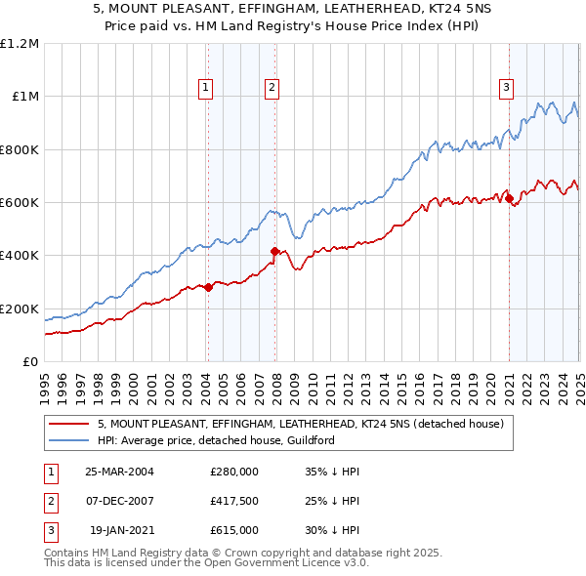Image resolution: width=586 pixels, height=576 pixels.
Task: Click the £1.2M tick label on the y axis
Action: click(20, 43)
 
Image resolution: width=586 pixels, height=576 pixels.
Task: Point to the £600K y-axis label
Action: click(20, 202)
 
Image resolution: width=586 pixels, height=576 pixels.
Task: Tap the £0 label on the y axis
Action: click(31, 361)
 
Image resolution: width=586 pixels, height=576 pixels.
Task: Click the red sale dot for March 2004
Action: click(209, 287)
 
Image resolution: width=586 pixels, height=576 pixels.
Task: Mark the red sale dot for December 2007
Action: click(274, 251)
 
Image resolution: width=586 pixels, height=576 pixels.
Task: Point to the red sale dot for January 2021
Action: click(509, 199)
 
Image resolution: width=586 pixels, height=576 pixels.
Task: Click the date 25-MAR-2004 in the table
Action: click(120, 472)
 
